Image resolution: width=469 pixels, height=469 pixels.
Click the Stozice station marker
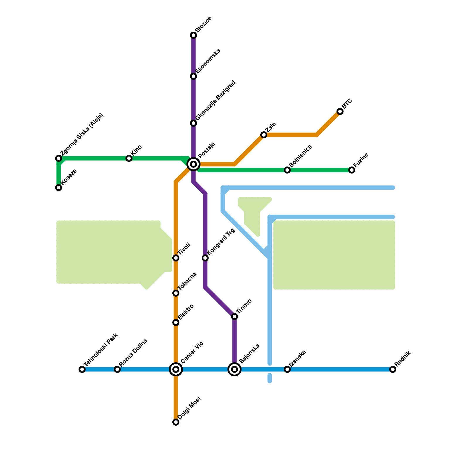(x=193, y=35)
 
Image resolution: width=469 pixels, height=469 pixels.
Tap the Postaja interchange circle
(x=193, y=164)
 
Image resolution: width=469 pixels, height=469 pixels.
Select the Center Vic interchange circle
(x=176, y=369)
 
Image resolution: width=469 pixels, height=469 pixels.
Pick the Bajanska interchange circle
(x=235, y=369)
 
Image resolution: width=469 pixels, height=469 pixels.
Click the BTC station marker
(x=340, y=111)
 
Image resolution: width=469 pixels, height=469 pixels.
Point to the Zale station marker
(x=264, y=135)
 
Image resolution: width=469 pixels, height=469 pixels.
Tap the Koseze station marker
(x=59, y=188)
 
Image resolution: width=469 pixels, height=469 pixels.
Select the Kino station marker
(x=129, y=158)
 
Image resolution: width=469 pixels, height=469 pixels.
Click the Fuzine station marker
(x=352, y=170)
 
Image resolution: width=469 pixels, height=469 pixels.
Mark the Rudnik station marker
(x=393, y=369)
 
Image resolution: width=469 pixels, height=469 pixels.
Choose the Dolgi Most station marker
(x=176, y=422)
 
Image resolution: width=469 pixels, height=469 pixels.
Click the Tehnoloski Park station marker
(x=82, y=369)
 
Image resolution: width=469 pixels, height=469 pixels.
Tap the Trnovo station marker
(x=235, y=317)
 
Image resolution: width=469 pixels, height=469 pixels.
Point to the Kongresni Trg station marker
(x=205, y=258)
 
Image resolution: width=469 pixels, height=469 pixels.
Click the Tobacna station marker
(x=176, y=293)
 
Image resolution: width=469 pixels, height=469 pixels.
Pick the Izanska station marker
(x=287, y=369)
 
